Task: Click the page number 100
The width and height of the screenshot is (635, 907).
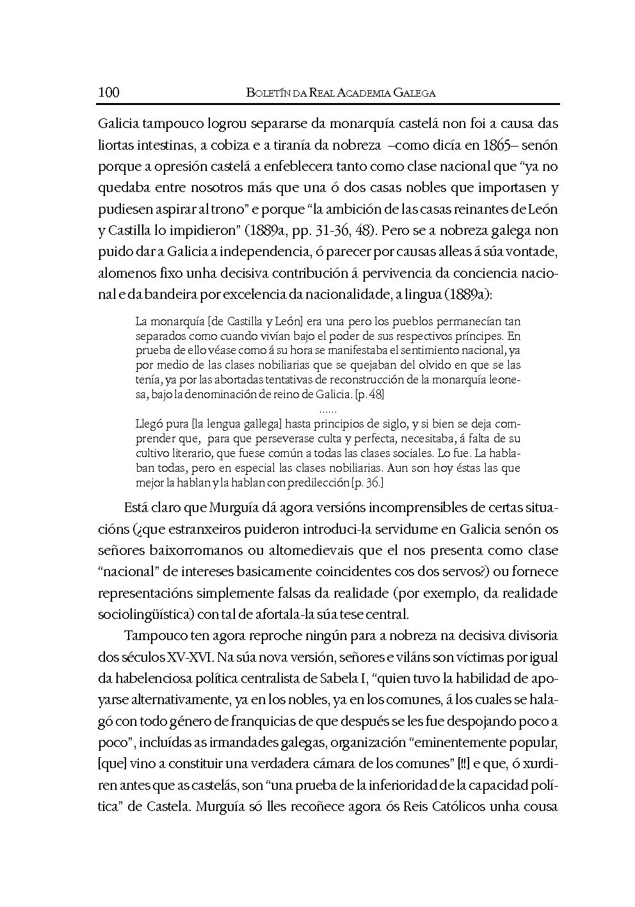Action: tap(109, 92)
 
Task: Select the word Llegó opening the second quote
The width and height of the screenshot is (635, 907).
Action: tap(149, 424)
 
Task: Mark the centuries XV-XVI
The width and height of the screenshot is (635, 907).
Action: tap(191, 657)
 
